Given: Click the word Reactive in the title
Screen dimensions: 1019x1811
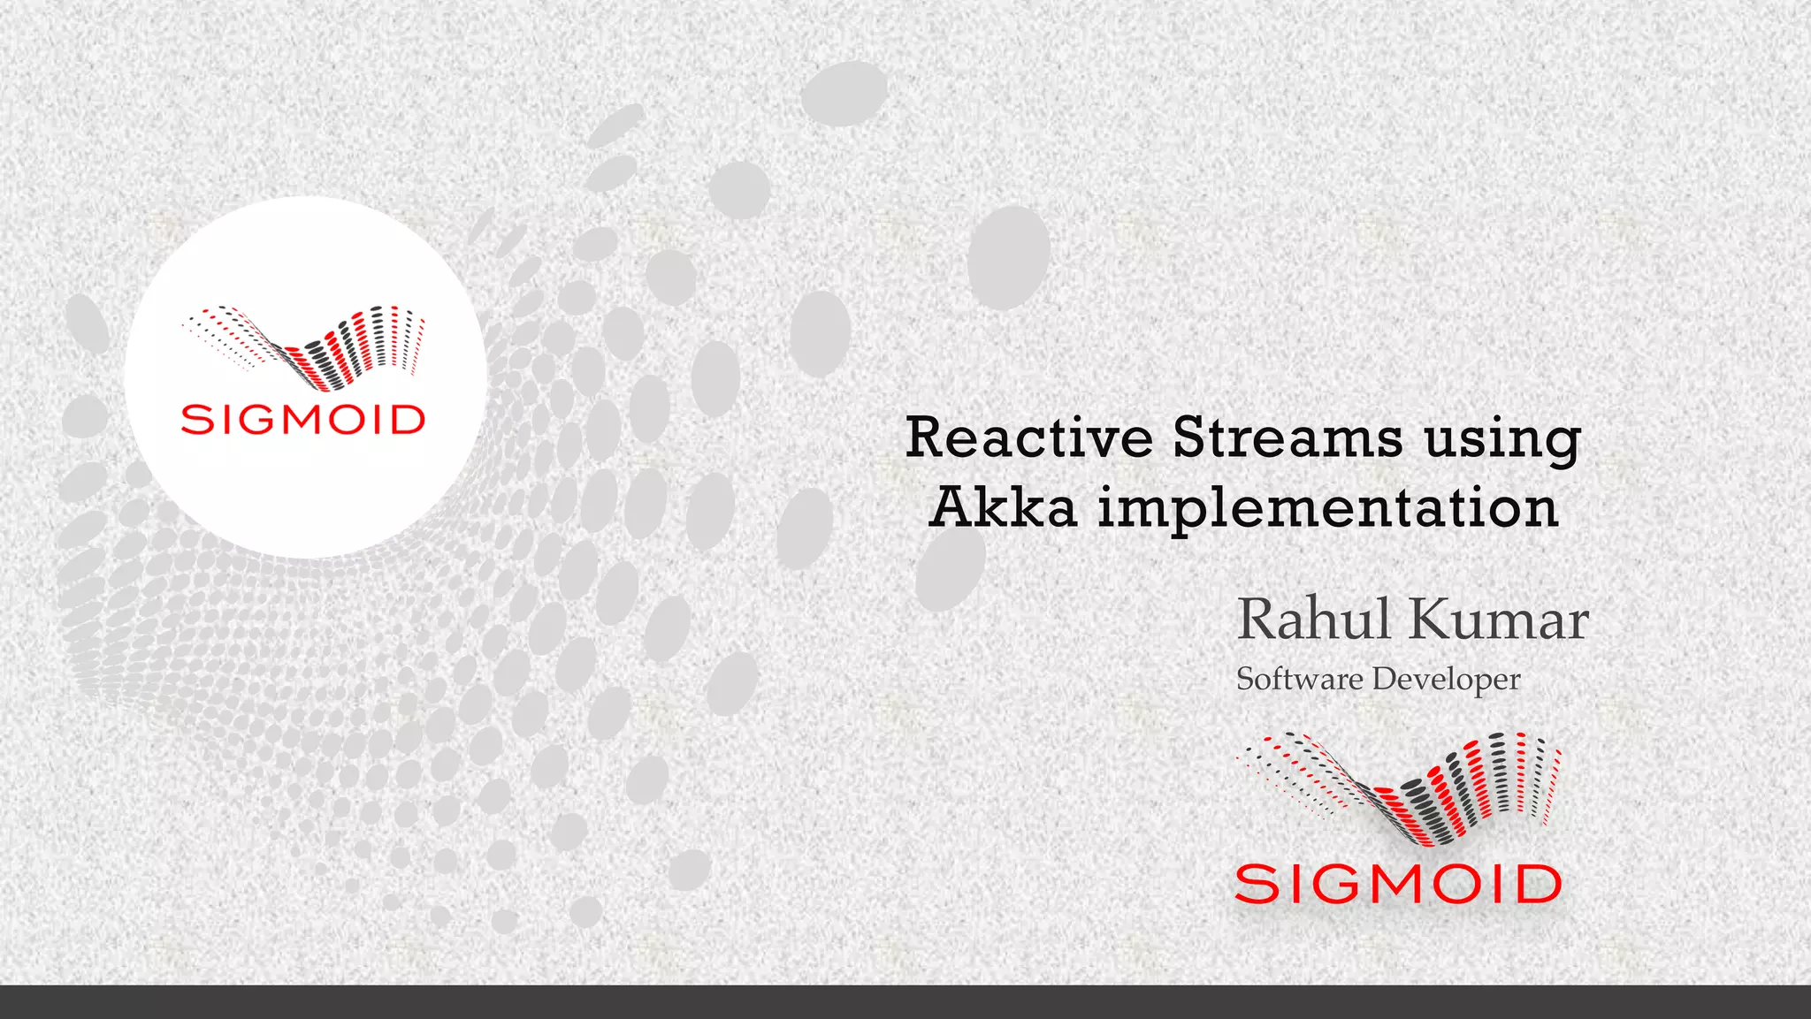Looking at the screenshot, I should click(1029, 438).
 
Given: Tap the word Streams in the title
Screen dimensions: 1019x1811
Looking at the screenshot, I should click(1288, 438).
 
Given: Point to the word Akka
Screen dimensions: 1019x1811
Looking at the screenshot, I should click(1004, 508).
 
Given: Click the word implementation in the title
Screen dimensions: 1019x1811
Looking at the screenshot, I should click(1328, 511).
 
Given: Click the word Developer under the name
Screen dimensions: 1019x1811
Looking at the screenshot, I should click(1446, 680).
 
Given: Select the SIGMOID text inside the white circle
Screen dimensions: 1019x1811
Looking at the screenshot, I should click(302, 420).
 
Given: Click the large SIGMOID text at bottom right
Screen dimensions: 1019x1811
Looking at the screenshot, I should click(1398, 885).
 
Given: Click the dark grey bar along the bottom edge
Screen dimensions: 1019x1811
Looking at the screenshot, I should click(905, 1002).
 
